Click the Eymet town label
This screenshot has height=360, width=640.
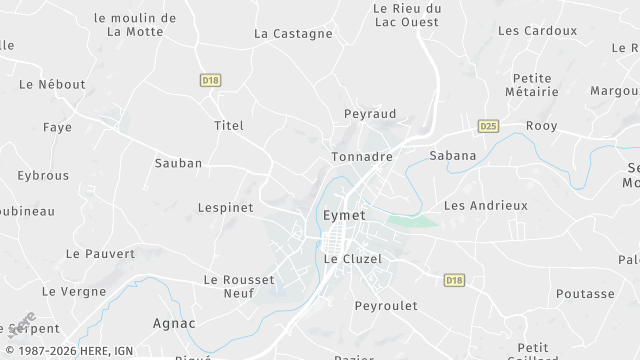coord(345,215)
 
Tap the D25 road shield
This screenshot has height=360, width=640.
coord(488,126)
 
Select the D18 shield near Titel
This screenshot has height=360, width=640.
coord(210,81)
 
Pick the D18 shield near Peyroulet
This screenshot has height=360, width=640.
coord(455,280)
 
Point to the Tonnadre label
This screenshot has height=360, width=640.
coord(361,157)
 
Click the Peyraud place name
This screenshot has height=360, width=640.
coord(370,115)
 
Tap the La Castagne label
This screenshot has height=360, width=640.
coord(293,33)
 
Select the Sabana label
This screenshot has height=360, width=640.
coord(452,155)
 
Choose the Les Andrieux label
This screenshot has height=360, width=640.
coord(485,205)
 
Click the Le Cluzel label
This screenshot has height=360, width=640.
coord(353,258)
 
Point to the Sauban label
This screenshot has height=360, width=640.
coord(178,162)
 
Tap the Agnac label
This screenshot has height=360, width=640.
coord(174,323)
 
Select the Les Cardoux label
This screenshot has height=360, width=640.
coord(537,30)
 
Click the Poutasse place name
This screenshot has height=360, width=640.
coord(585,294)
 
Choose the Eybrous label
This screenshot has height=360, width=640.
coord(43,175)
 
